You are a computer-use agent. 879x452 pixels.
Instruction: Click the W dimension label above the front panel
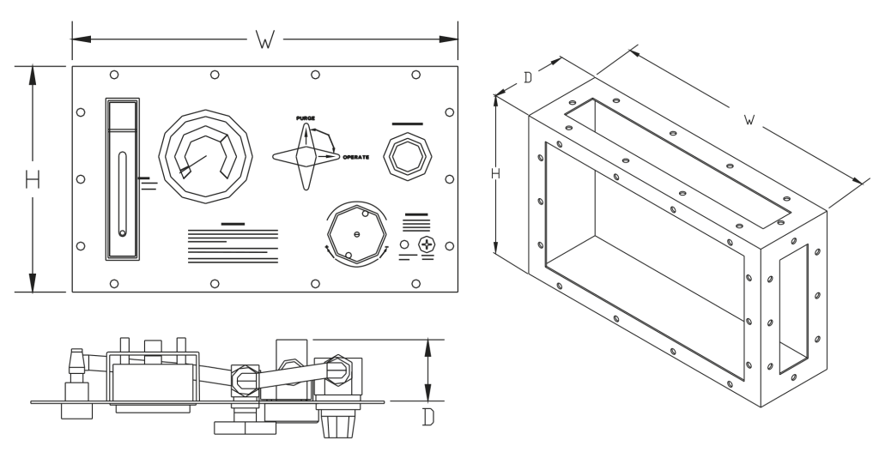(265, 39)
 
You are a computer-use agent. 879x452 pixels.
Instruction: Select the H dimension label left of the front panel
(33, 180)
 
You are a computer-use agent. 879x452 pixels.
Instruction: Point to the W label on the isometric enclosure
(749, 121)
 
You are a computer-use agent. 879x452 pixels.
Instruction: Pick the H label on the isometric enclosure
(494, 174)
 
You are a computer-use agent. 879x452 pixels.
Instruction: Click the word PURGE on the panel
(305, 117)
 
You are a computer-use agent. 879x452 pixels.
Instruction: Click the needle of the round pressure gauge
(194, 164)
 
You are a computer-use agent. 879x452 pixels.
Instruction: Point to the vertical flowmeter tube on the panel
(123, 194)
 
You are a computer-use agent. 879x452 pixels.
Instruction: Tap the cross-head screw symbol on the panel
(427, 245)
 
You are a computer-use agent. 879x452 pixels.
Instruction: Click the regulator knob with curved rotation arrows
(356, 232)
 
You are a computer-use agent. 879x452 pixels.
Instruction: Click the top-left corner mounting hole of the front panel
(115, 75)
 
